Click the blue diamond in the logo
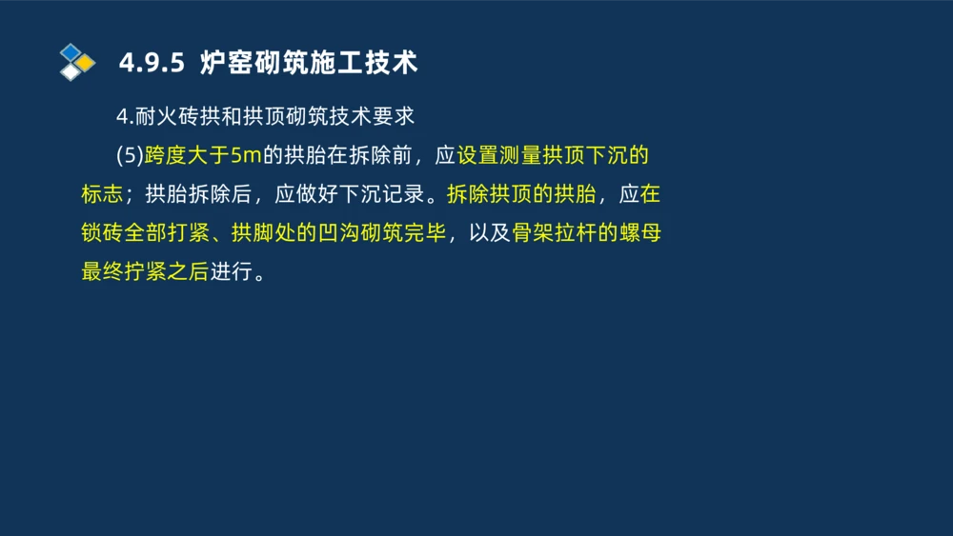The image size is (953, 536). [71, 50]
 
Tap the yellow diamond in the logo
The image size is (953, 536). [86, 63]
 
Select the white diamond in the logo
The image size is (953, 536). [71, 71]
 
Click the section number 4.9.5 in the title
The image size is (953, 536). [150, 63]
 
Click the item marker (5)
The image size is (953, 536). [129, 155]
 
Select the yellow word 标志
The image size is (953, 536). [102, 194]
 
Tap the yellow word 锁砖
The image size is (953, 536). [102, 233]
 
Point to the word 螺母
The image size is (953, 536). [640, 233]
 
